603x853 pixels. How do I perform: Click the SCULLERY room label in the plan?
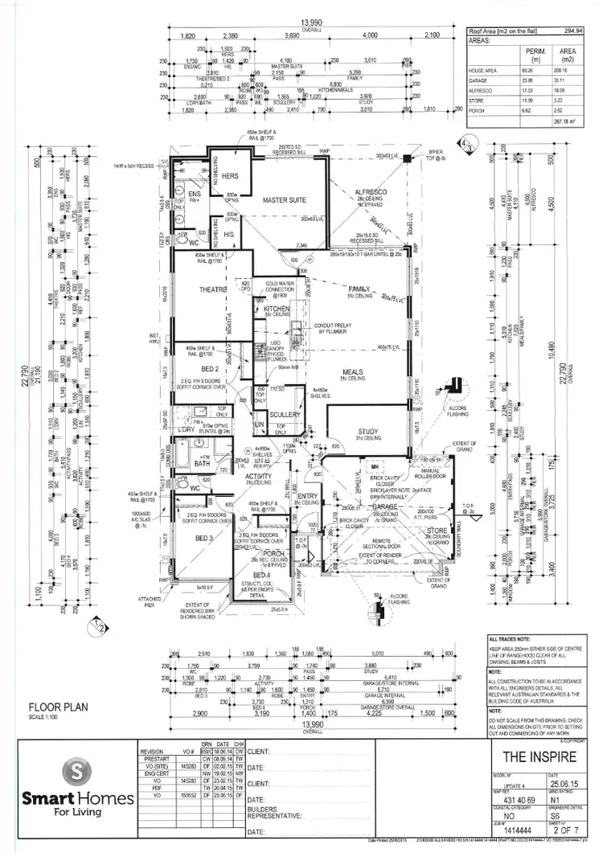pos(285,415)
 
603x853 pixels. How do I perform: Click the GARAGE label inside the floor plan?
pos(375,506)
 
